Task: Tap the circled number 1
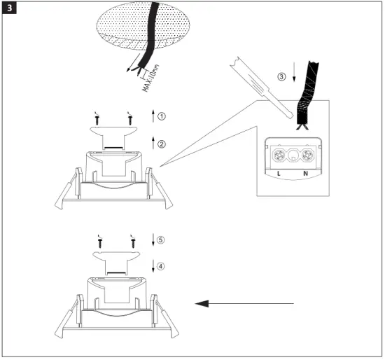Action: [x=162, y=116]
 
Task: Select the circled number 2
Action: [x=162, y=144]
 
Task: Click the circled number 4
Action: [x=162, y=266]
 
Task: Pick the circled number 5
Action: [x=162, y=240]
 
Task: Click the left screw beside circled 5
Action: [x=101, y=242]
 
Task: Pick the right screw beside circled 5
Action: [x=131, y=242]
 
